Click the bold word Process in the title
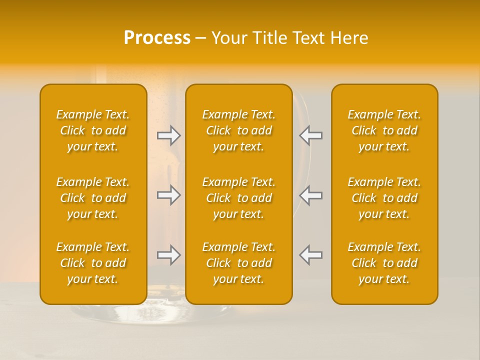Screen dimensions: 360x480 click(157, 38)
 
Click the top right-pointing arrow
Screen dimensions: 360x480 click(169, 135)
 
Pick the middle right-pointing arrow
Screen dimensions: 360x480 click(169, 195)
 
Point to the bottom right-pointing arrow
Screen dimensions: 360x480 click(169, 255)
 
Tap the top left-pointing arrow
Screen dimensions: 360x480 click(310, 135)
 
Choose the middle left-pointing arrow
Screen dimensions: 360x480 click(310, 195)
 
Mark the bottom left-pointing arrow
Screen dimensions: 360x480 click(310, 255)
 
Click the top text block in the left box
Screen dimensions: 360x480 click(93, 130)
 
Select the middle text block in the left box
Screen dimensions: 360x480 click(93, 198)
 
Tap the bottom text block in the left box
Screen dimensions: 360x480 click(93, 263)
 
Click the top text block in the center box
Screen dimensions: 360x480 click(238, 130)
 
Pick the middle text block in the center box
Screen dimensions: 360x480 click(238, 198)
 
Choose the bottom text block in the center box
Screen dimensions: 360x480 click(238, 263)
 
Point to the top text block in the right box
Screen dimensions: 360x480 click(384, 130)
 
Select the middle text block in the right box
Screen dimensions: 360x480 click(384, 198)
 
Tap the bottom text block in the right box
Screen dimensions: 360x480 click(384, 263)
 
